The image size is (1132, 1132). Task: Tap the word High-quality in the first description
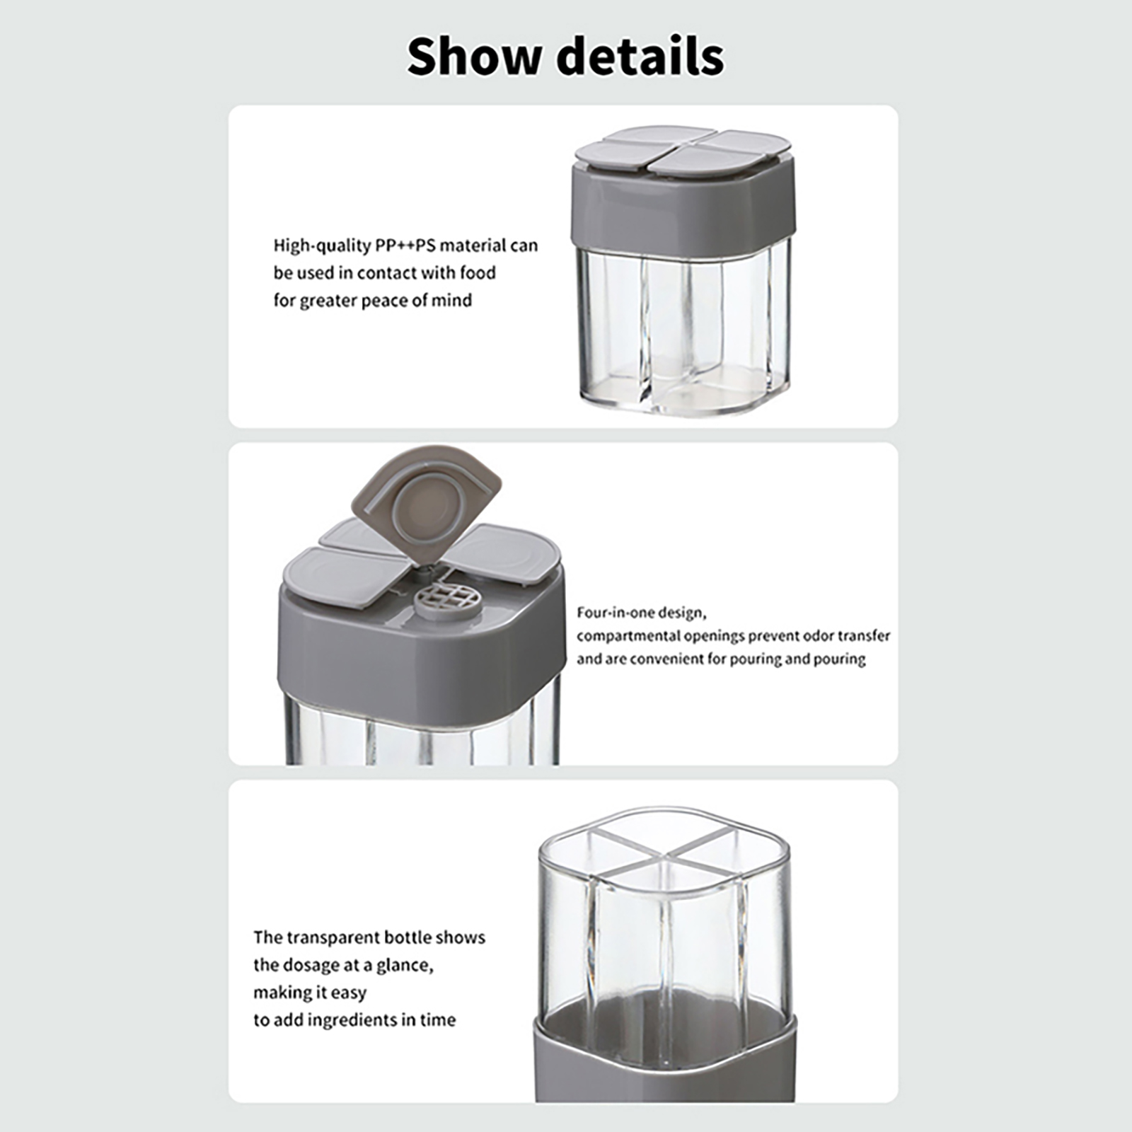(x=322, y=246)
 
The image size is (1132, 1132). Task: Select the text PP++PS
(x=405, y=246)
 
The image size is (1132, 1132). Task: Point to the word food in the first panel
(x=478, y=272)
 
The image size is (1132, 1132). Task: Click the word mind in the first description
(x=452, y=300)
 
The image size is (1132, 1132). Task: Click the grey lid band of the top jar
(x=683, y=205)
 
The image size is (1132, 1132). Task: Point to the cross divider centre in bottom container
(x=664, y=856)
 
